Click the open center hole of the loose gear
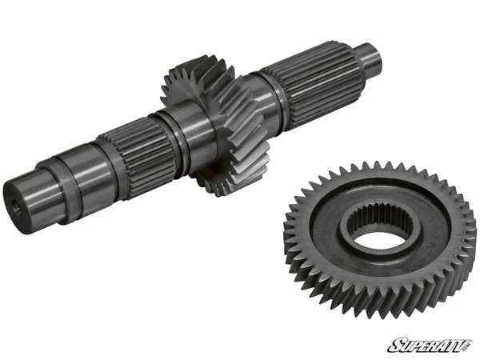click(x=375, y=236)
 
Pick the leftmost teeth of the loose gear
click(x=290, y=240)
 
